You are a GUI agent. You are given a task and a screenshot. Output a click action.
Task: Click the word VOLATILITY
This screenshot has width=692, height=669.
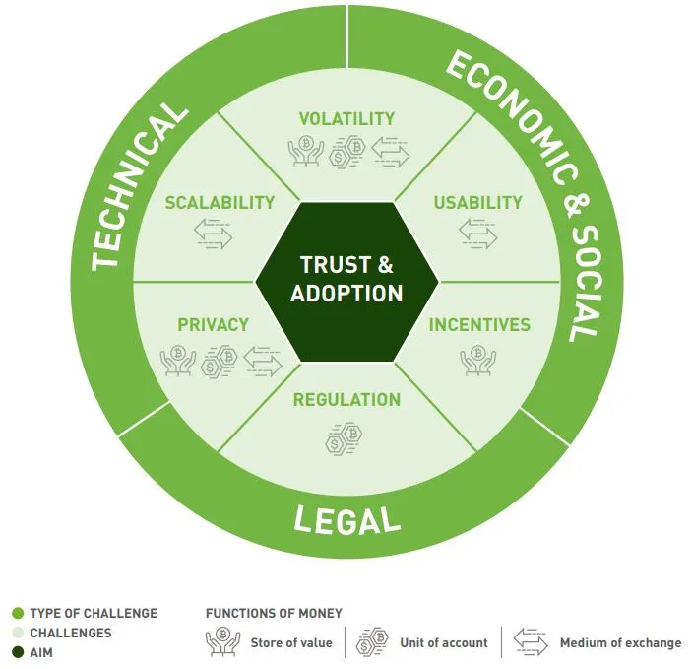coord(346,119)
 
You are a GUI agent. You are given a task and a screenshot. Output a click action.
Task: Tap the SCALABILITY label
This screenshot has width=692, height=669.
coord(220,203)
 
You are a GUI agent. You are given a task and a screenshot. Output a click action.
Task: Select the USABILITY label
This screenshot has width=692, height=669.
coord(478,203)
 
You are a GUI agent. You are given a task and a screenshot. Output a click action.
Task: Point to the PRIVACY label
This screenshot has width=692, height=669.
coord(213,324)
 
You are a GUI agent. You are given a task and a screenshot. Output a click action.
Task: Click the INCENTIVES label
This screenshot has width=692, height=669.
coord(479,324)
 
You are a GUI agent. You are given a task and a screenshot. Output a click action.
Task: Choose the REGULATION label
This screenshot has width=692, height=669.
coord(346,400)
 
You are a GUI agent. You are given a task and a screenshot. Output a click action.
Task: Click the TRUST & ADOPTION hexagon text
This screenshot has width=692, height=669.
coord(346,279)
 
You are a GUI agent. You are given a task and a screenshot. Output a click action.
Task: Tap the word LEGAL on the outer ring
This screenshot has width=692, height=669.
coord(346,518)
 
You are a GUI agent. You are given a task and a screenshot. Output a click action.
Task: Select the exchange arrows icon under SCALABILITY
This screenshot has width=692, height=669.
coord(213,234)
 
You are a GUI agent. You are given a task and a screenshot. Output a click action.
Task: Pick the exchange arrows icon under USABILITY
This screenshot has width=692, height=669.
coord(478,234)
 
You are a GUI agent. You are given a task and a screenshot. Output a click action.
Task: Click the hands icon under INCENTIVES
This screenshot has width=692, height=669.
coord(479,360)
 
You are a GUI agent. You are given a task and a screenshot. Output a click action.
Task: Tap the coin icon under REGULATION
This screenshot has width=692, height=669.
coord(346,436)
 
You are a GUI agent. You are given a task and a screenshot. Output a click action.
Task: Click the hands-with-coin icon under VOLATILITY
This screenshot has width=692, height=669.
coord(305,152)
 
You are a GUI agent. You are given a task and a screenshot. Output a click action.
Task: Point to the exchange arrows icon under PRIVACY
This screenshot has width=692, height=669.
coord(262,360)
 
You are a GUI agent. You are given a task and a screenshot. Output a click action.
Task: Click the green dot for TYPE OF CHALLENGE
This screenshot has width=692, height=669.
coord(18,613)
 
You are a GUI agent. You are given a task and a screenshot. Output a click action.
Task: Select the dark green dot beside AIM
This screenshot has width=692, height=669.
coord(18,652)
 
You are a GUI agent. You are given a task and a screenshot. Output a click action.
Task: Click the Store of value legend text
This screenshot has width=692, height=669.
coord(291,643)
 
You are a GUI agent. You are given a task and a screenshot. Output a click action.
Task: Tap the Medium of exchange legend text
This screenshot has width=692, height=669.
coord(620,643)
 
